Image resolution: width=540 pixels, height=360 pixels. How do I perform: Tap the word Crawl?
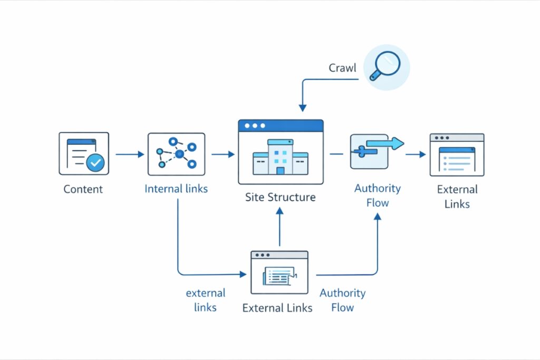click(x=342, y=68)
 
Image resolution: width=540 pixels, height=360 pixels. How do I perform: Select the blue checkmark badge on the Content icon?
click(x=95, y=163)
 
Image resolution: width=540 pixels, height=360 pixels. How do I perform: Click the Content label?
click(x=83, y=189)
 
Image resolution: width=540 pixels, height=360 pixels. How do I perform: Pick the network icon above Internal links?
click(x=176, y=154)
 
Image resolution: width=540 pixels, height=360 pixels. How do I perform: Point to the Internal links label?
click(x=176, y=189)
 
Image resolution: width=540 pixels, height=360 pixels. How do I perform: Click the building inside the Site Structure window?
click(x=280, y=157)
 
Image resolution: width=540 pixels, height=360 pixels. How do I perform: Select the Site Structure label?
click(x=280, y=198)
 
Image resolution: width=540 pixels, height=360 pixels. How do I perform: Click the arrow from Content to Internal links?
click(x=129, y=154)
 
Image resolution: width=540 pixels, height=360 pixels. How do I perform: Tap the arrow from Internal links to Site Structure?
click(x=223, y=154)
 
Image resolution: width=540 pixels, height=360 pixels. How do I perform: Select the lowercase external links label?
click(x=205, y=300)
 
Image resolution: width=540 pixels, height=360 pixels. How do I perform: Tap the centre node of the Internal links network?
click(x=179, y=154)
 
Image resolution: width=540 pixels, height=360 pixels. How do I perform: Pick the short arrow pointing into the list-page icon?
click(x=416, y=154)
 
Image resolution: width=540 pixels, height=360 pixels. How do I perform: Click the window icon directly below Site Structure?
click(x=279, y=273)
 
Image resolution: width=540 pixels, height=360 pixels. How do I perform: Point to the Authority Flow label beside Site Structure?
click(x=377, y=195)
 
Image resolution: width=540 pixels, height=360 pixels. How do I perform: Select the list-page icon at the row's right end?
click(x=457, y=154)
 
